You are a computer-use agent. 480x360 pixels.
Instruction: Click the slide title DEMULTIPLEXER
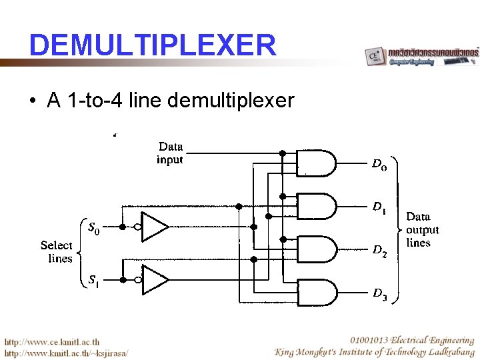point(152,45)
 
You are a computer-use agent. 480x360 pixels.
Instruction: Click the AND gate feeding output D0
point(315,163)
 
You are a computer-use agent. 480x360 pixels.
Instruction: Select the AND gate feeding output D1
point(315,206)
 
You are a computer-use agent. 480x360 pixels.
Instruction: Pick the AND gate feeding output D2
point(315,249)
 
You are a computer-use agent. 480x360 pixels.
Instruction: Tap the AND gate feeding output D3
point(315,291)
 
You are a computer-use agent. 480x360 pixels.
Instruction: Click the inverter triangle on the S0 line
point(155,227)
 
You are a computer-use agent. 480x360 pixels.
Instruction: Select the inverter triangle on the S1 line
point(155,279)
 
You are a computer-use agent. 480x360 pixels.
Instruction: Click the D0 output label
point(378,164)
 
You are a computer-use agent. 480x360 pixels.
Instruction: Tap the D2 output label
point(379,250)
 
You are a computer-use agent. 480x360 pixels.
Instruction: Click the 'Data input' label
point(170,153)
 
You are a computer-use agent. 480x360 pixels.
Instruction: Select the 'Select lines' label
point(57,251)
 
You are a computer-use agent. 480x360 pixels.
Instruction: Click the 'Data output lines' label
point(421,229)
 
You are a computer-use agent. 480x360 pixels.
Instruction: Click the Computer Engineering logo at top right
point(421,56)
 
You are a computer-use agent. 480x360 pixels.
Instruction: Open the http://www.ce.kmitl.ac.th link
point(53,341)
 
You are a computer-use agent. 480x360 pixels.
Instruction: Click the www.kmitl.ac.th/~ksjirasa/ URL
point(67,352)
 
